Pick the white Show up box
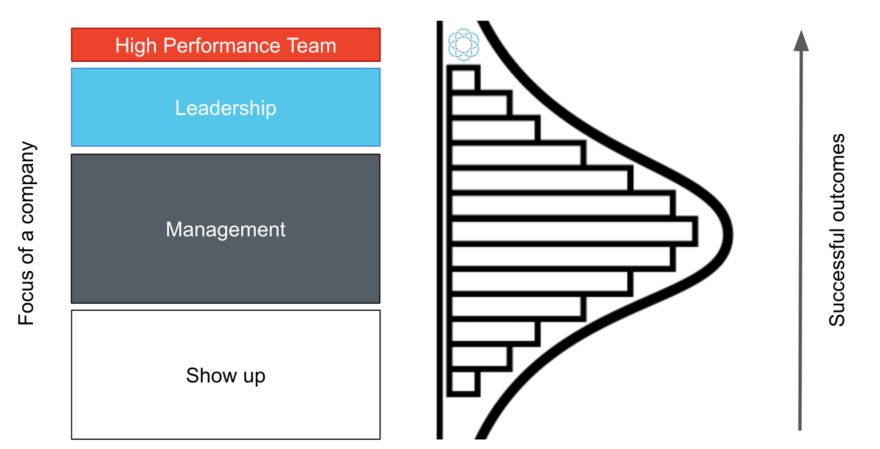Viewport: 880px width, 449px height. click(x=225, y=412)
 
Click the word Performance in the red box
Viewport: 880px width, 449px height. click(x=222, y=46)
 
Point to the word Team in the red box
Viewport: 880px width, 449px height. click(x=312, y=46)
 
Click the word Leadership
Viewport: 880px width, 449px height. click(x=225, y=108)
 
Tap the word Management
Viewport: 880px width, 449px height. click(x=225, y=230)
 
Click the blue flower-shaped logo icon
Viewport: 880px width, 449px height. click(x=463, y=44)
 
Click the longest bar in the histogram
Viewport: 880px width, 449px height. click(x=573, y=231)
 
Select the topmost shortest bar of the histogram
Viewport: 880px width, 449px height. click(x=463, y=79)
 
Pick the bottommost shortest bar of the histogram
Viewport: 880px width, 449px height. click(x=463, y=382)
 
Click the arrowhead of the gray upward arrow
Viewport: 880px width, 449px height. click(x=801, y=41)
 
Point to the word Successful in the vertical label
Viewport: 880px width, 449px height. click(x=837, y=284)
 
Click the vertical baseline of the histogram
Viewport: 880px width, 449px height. click(x=440, y=229)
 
